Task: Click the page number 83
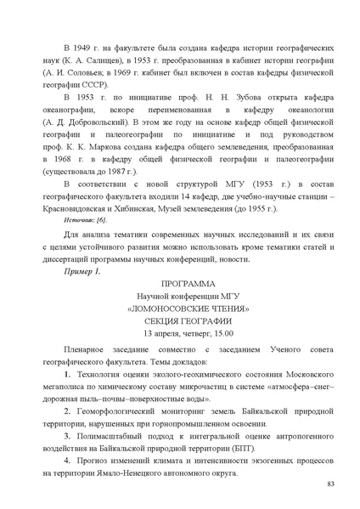pos(330,484)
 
